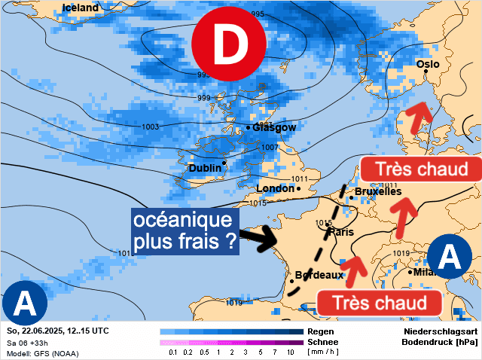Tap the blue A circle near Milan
click(x=450, y=258)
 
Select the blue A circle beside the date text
click(x=25, y=304)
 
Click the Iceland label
click(x=81, y=8)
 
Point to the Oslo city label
click(x=428, y=65)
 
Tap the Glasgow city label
click(x=274, y=128)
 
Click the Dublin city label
click(x=205, y=168)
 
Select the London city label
click(x=276, y=188)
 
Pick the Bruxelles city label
click(x=377, y=192)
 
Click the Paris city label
click(x=341, y=232)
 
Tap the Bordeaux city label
click(x=319, y=276)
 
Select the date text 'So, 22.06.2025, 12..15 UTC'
click(x=57, y=331)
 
